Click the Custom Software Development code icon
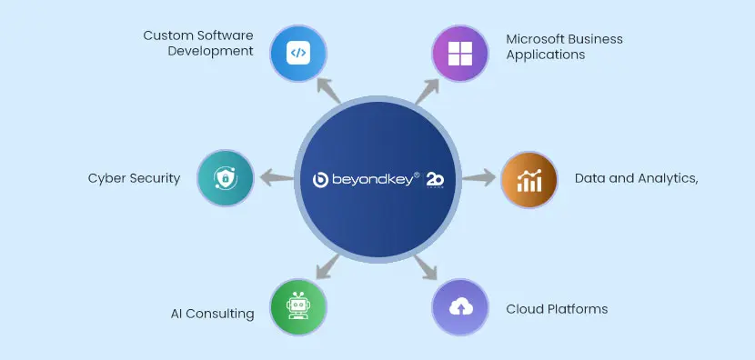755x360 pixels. click(297, 53)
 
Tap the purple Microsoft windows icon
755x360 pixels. click(458, 53)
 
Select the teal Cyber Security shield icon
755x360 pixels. click(225, 178)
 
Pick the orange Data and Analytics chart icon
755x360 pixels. click(528, 178)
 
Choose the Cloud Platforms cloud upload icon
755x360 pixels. click(458, 306)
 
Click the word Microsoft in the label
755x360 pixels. click(536, 39)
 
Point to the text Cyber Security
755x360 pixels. click(134, 178)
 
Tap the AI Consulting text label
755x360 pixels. click(212, 314)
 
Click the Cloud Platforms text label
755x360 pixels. click(557, 309)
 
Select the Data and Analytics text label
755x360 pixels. click(636, 178)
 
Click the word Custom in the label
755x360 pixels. click(165, 35)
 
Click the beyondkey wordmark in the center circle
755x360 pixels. click(365, 179)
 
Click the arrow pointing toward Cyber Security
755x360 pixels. click(273, 178)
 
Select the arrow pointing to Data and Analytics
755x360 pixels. click(479, 178)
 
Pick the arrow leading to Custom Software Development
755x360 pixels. click(327, 89)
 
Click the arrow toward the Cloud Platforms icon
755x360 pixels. click(427, 267)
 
